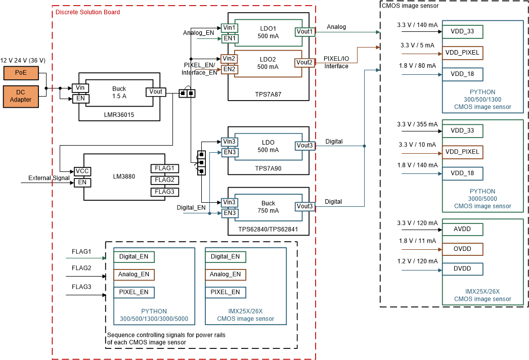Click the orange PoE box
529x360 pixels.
click(x=21, y=73)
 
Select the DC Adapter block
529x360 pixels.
click(x=21, y=96)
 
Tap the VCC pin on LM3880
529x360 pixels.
click(x=82, y=171)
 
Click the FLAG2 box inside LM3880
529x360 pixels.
click(x=164, y=180)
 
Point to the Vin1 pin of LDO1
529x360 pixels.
click(x=229, y=27)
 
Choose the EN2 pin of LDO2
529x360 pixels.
click(x=229, y=69)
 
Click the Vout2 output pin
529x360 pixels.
click(x=304, y=63)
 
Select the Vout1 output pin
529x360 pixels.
click(x=305, y=32)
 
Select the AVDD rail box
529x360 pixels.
click(x=462, y=230)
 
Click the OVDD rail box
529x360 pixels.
click(x=462, y=249)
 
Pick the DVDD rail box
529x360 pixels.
click(x=462, y=268)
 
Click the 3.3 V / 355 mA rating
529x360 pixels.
click(x=417, y=124)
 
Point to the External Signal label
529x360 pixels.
click(x=49, y=178)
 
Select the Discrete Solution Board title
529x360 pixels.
click(x=87, y=12)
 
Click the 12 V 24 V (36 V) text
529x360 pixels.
click(x=23, y=60)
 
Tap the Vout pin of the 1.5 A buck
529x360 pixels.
click(x=156, y=92)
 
